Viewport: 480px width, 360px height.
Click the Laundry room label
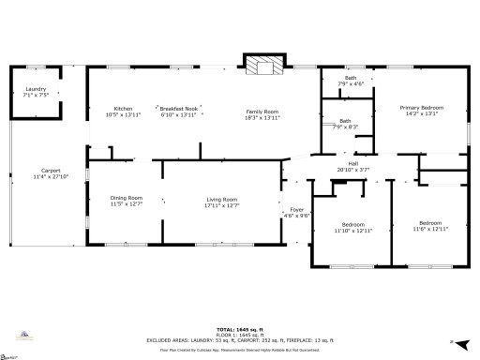[37, 89]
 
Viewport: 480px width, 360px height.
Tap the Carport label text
[37, 171]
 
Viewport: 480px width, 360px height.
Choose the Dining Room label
[127, 197]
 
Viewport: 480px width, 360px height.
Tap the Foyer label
[297, 208]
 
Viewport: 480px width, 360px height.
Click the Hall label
[353, 164]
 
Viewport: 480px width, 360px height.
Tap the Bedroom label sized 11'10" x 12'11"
[353, 224]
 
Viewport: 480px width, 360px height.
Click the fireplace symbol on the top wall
[262, 65]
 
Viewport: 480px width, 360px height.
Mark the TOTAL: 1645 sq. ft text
[238, 329]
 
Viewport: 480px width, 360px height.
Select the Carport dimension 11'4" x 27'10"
[37, 176]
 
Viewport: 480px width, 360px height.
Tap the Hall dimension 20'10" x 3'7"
[353, 170]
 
